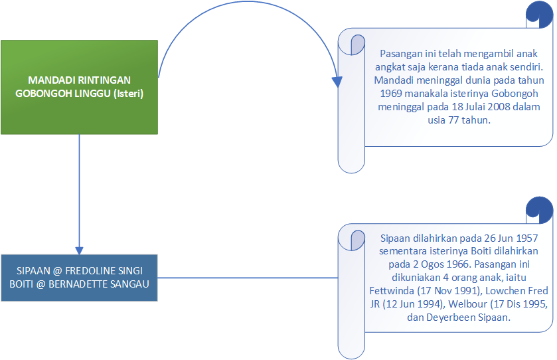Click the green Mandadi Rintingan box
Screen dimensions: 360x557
[x=79, y=86]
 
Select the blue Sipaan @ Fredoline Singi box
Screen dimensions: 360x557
[x=79, y=278]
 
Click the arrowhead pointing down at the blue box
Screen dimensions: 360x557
[x=79, y=247]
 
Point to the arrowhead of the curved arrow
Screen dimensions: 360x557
[x=337, y=82]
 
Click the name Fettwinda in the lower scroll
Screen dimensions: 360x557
[x=392, y=291]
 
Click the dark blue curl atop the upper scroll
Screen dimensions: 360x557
[x=539, y=15]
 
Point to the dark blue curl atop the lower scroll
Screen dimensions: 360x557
[x=539, y=209]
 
